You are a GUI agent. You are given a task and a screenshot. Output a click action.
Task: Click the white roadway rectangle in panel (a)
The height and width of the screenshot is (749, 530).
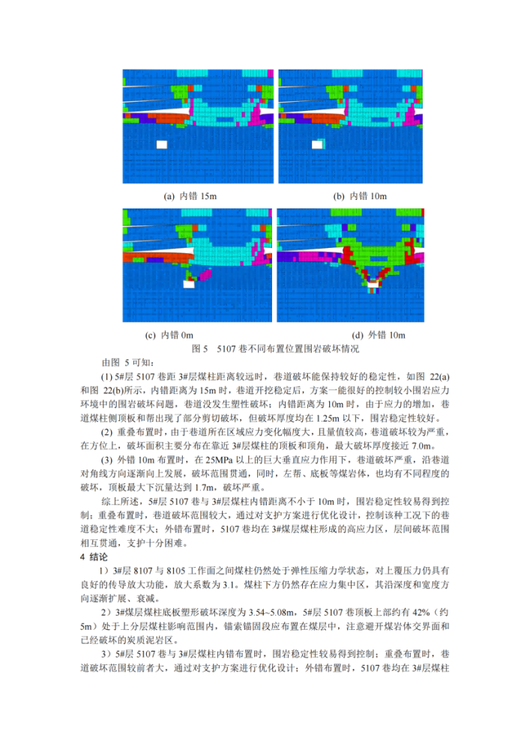tap(161, 144)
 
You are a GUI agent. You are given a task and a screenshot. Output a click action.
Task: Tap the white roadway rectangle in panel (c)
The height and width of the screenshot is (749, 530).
tap(188, 284)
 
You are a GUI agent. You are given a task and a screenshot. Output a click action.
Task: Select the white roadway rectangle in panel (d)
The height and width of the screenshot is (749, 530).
tap(373, 284)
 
